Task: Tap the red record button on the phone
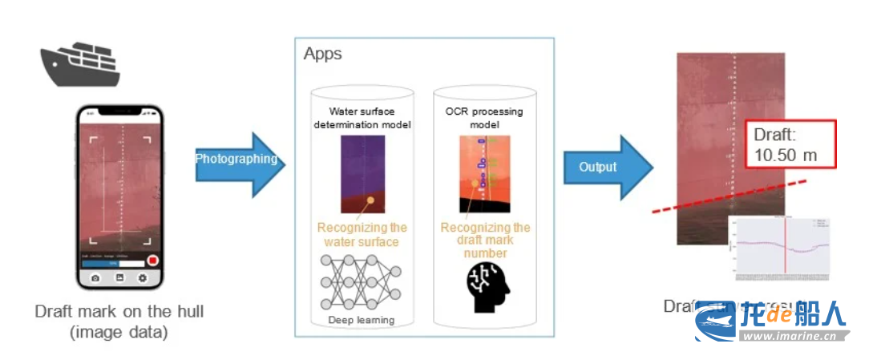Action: pyautogui.click(x=152, y=261)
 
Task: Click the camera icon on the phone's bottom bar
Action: pyautogui.click(x=95, y=277)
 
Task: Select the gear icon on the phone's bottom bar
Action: pyautogui.click(x=143, y=277)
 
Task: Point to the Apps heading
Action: pyautogui.click(x=322, y=55)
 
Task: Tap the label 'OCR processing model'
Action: pyautogui.click(x=483, y=118)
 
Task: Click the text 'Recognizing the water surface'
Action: pyautogui.click(x=362, y=234)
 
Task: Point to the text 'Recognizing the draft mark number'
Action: pyautogui.click(x=485, y=240)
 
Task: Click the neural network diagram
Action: pyautogui.click(x=361, y=283)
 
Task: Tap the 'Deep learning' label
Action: pyautogui.click(x=362, y=320)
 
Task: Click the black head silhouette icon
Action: pyautogui.click(x=484, y=286)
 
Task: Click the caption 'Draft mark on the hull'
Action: pyautogui.click(x=119, y=311)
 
